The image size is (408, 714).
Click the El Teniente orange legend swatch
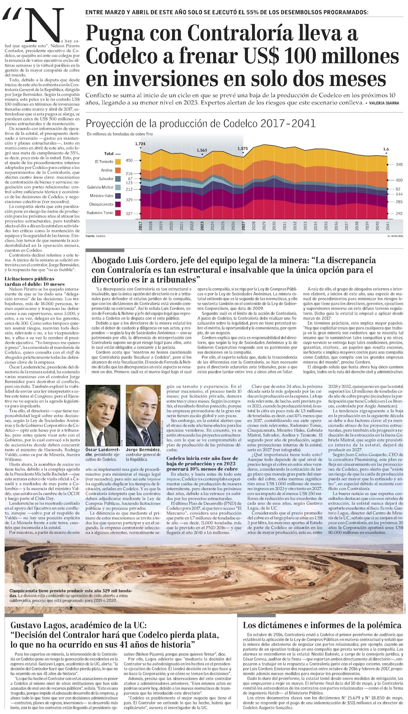pos(118,162)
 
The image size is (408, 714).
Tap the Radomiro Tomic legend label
pos(100,213)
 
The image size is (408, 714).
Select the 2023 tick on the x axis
pos(202,226)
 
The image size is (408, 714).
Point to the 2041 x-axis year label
pos(388,226)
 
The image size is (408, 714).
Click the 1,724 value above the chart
pos(140,144)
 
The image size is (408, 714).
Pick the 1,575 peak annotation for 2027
pos(243,149)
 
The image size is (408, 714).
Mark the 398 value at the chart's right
pos(399,165)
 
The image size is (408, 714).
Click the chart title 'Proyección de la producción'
pos(201,124)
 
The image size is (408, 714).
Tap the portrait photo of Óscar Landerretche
pos(103,415)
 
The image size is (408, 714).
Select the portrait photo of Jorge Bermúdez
pos(143,415)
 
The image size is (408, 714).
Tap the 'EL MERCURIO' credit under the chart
pos(395,236)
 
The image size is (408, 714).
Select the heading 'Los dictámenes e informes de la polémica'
pos(322,625)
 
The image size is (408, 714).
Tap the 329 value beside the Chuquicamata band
pos(129,200)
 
